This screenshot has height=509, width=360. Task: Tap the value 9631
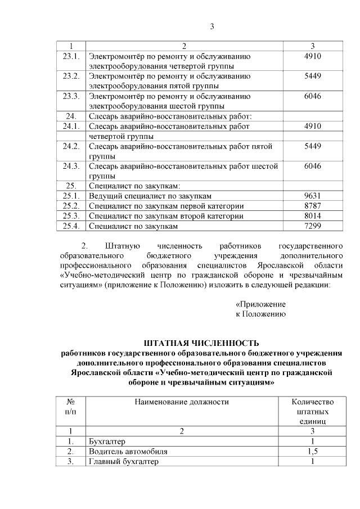click(x=312, y=196)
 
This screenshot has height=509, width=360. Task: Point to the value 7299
click(x=312, y=226)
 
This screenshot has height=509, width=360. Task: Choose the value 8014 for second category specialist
click(x=312, y=216)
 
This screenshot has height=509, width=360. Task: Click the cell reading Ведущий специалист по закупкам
click(x=150, y=196)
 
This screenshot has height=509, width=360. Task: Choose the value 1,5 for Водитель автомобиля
click(x=313, y=451)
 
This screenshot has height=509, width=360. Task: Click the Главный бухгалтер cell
click(x=124, y=462)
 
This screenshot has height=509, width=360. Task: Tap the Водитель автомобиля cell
click(x=128, y=451)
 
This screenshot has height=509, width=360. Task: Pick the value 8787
click(x=312, y=206)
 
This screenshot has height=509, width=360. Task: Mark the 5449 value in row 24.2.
click(x=312, y=146)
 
